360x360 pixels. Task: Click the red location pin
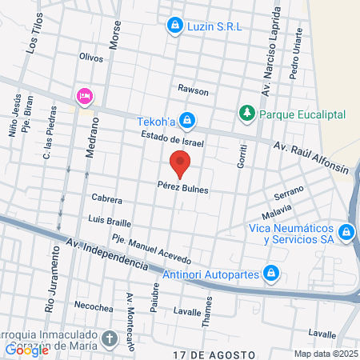point(180,165)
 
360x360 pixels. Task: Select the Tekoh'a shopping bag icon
point(186,121)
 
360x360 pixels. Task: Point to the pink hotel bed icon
point(84,96)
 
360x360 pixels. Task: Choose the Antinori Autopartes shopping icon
point(271,274)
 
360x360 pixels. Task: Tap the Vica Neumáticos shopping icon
point(346,233)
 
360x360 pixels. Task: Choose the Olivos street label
point(93,57)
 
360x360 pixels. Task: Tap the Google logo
point(27,350)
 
